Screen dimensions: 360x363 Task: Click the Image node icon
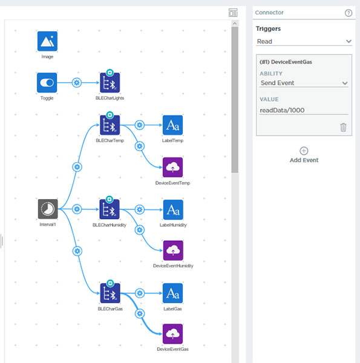click(x=47, y=41)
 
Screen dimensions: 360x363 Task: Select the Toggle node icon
click(x=47, y=83)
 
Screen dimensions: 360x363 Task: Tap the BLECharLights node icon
click(x=110, y=83)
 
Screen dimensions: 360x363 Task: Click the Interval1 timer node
click(x=48, y=209)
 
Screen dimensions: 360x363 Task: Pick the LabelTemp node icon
click(x=172, y=125)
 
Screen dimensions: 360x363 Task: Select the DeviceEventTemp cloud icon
click(x=172, y=167)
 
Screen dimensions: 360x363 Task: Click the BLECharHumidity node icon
click(x=110, y=209)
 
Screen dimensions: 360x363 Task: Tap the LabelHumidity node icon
click(x=173, y=210)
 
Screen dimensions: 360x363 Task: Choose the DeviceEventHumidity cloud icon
click(x=173, y=250)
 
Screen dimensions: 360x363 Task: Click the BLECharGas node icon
click(x=110, y=293)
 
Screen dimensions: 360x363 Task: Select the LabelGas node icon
click(x=172, y=293)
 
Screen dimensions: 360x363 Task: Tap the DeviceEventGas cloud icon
click(x=172, y=334)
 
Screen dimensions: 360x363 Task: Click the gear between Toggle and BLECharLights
click(x=77, y=83)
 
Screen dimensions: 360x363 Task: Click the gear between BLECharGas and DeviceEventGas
click(x=140, y=313)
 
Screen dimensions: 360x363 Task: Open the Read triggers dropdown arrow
click(x=349, y=41)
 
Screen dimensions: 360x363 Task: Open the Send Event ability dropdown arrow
click(x=345, y=83)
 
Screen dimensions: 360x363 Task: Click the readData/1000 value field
click(x=304, y=110)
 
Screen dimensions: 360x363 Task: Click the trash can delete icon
click(x=343, y=127)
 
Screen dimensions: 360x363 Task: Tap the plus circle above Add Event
click(x=304, y=151)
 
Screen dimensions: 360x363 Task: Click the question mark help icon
click(x=349, y=13)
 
